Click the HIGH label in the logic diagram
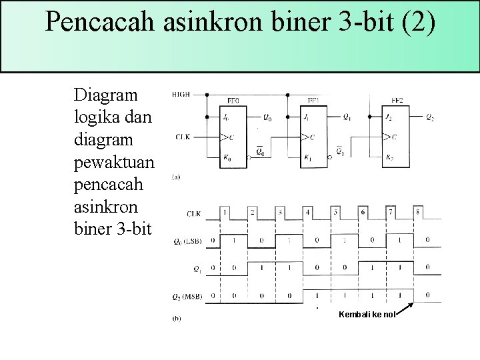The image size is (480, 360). point(180,95)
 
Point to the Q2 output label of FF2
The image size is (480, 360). point(430,117)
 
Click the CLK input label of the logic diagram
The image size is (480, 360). point(183,137)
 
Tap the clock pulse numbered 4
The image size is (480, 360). point(307,212)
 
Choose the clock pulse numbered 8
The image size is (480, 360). point(418,212)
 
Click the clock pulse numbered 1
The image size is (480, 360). point(225,212)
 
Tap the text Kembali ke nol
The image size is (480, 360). point(367,314)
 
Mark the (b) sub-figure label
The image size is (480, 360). point(176,319)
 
